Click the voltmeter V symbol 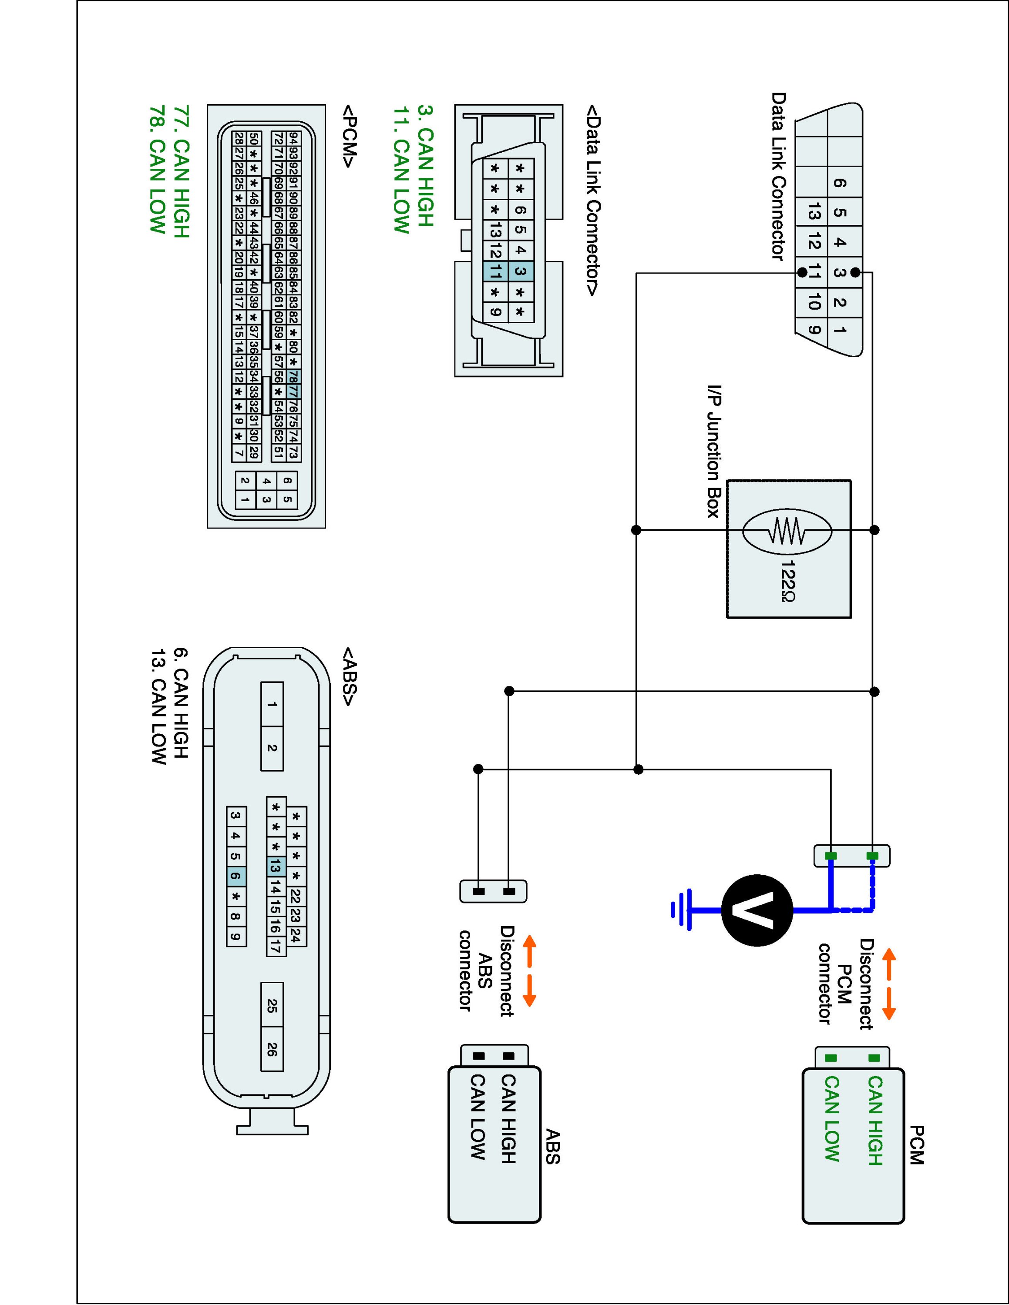(757, 910)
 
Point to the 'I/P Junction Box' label (713, 451)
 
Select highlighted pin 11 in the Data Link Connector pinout (495, 272)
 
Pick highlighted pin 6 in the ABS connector (235, 877)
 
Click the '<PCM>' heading (349, 137)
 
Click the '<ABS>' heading (349, 675)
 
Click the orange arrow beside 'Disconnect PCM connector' (889, 983)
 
